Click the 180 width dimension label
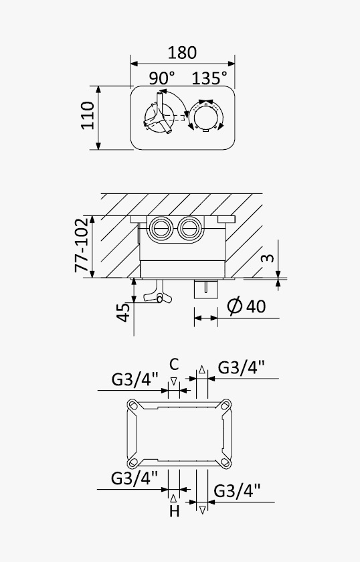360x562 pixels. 182,52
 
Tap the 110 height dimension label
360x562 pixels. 87,115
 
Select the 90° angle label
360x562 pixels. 162,78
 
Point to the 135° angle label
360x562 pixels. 209,78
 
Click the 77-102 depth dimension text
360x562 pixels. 82,245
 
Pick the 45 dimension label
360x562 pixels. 123,312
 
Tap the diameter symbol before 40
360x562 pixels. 235,306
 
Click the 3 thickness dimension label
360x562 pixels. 268,258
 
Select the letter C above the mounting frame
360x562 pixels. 174,364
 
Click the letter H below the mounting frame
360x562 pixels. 174,511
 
